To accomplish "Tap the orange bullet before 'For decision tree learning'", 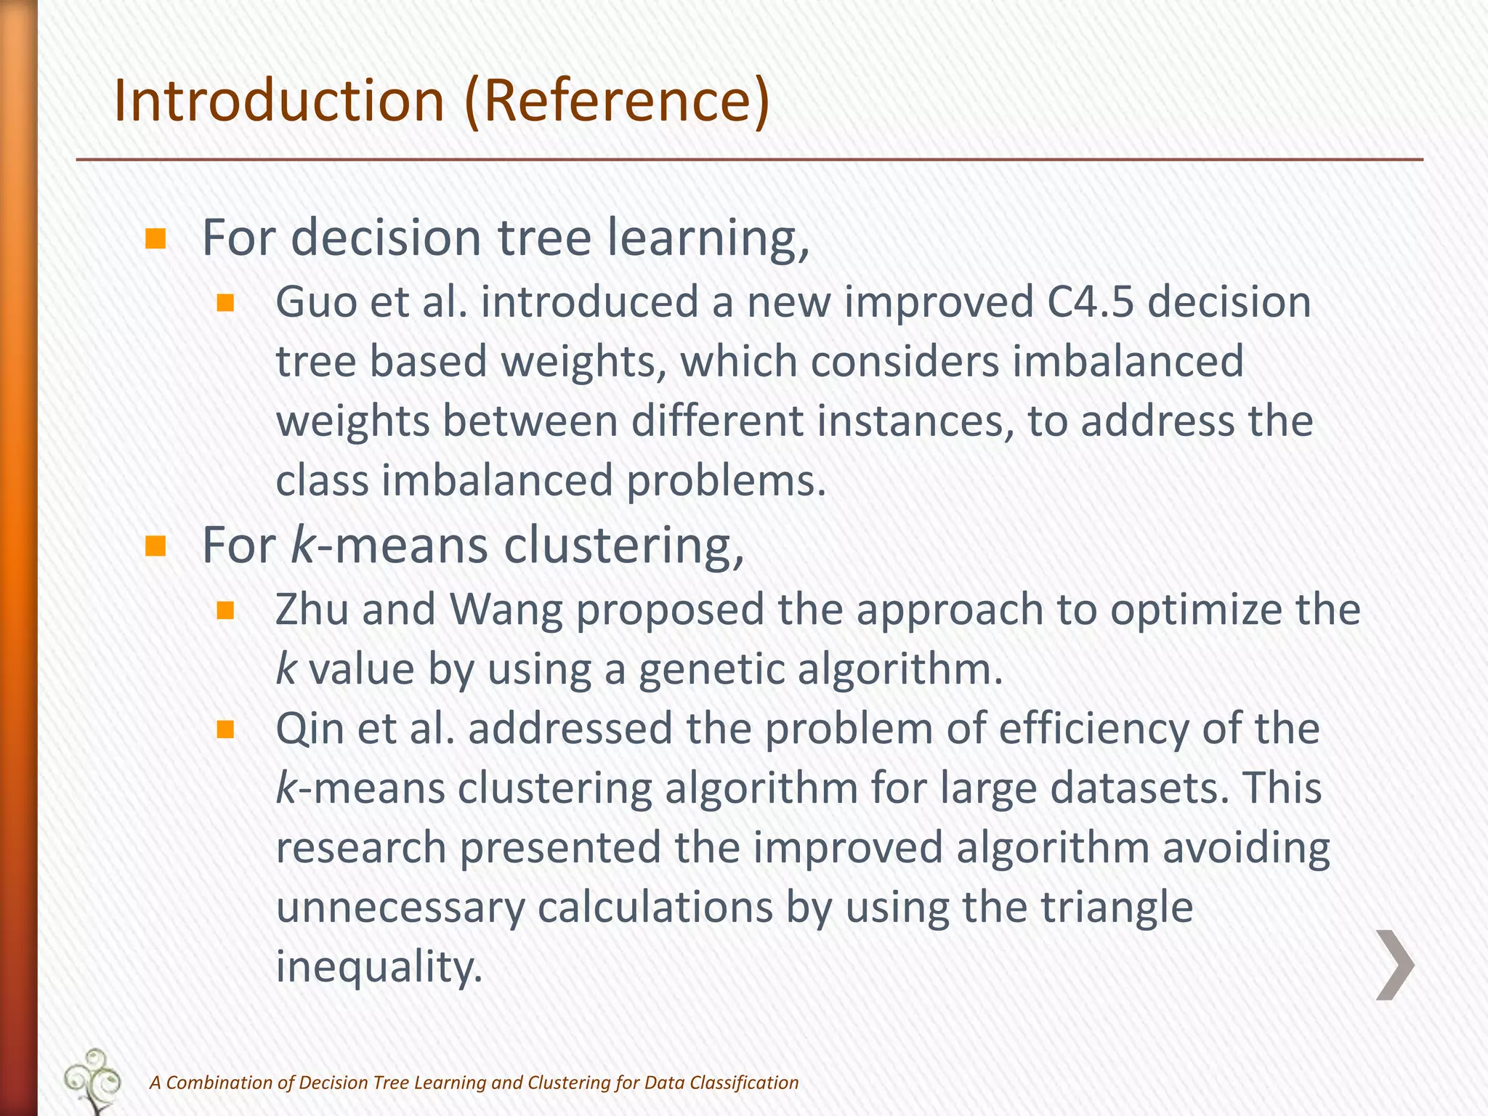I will click(155, 239).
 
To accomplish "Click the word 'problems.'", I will click(726, 481).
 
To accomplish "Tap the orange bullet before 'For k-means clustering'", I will click(155, 546).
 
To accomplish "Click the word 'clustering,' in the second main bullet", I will click(624, 546).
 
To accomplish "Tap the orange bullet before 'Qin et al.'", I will click(225, 729).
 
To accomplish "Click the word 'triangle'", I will click(1117, 907).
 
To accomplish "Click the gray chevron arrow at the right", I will click(1394, 965).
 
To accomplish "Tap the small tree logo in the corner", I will click(92, 1080).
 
